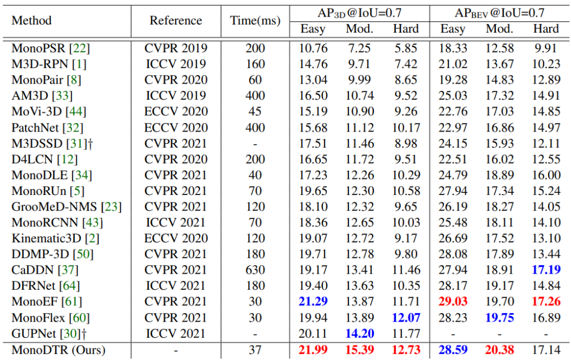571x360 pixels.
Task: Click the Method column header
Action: click(x=32, y=21)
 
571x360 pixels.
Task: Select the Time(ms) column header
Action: click(x=255, y=21)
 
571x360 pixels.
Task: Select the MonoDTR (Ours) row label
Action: click(x=59, y=351)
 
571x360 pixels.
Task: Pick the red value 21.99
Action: click(x=313, y=351)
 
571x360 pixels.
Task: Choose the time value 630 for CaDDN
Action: click(x=255, y=270)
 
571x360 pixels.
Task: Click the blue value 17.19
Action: click(x=545, y=270)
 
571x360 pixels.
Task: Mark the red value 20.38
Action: click(x=500, y=351)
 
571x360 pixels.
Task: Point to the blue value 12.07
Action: click(x=405, y=318)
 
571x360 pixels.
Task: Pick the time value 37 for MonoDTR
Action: click(x=255, y=351)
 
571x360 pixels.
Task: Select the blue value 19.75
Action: click(x=500, y=318)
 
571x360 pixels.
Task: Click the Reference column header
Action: click(x=176, y=21)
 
